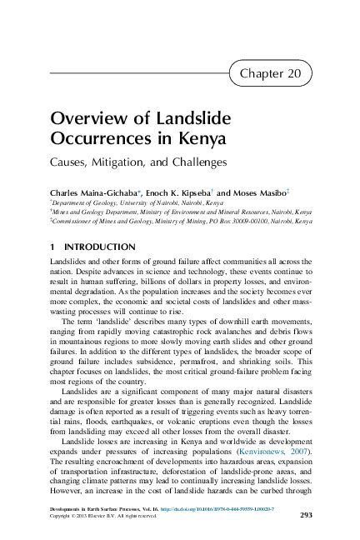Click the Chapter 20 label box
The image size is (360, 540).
(x=274, y=74)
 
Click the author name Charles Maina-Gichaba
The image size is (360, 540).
(x=90, y=189)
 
